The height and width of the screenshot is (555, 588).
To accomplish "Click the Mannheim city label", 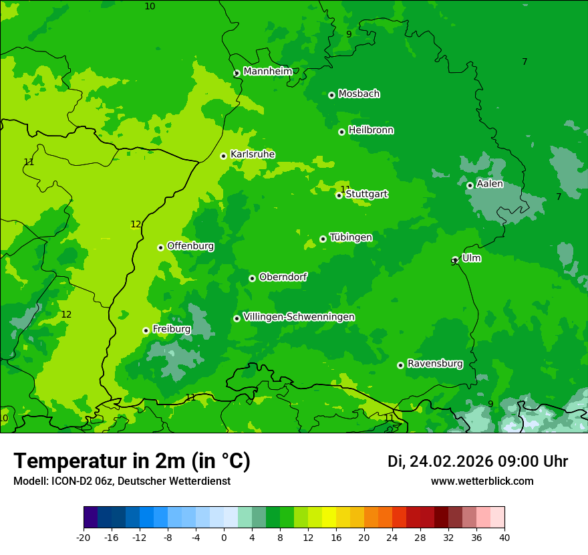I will tap(268, 72).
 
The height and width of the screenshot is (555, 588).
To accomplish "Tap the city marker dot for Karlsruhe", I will tap(224, 156).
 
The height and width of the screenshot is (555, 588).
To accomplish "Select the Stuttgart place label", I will tap(366, 194).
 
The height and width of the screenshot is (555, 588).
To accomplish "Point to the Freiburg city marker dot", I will tap(146, 330).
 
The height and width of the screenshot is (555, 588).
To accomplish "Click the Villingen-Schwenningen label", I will tap(299, 317).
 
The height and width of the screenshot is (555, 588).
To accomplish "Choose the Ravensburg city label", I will tap(434, 364).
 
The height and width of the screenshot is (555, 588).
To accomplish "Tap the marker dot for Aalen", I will tap(470, 185).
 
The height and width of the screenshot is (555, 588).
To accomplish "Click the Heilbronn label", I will tap(371, 130).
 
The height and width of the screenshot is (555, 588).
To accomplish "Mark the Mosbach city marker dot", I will tap(331, 95).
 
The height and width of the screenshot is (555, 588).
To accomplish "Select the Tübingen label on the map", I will tap(351, 237).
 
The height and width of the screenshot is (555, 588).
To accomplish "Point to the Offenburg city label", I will tap(190, 246).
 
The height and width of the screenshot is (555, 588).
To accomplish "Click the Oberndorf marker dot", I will tap(252, 278).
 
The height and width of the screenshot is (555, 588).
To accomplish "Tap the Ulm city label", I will tap(471, 258).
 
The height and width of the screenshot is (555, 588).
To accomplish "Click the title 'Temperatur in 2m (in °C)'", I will tap(132, 461).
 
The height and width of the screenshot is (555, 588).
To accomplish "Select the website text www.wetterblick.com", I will tap(482, 481).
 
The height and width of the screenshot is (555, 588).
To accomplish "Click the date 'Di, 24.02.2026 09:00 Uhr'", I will tap(477, 461).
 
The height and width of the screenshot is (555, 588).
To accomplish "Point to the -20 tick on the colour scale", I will tap(84, 537).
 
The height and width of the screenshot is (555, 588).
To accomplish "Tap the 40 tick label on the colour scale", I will tap(504, 537).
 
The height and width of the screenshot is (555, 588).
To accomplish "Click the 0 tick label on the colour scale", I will tap(224, 537).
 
